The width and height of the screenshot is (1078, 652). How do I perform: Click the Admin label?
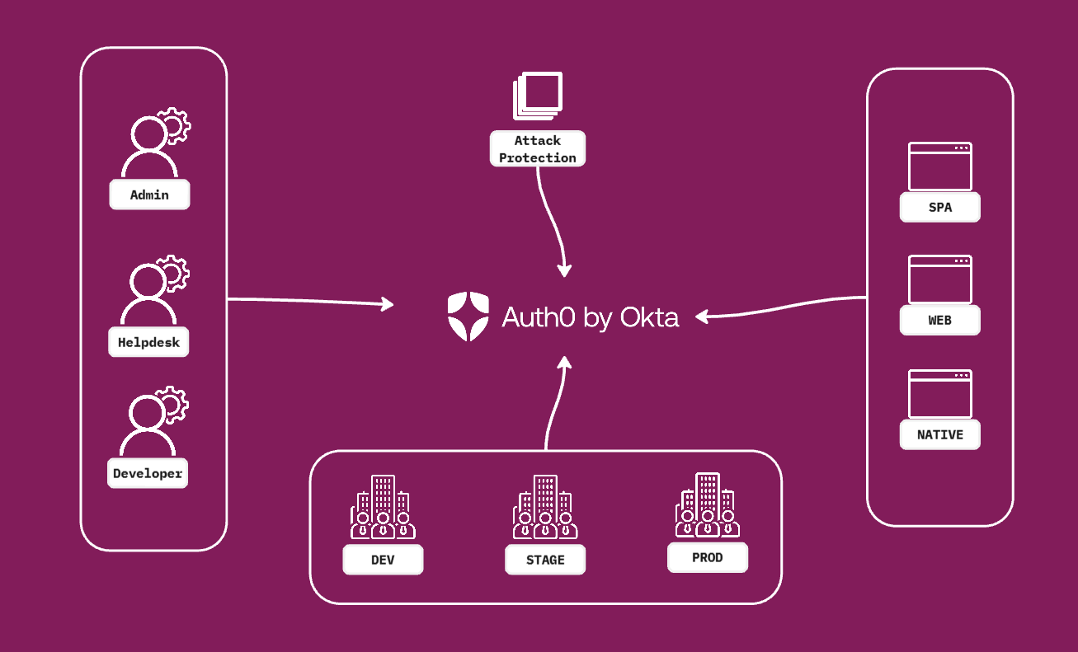[x=149, y=195]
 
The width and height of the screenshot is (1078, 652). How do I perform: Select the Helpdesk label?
[x=148, y=342]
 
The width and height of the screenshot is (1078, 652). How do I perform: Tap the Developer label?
[x=148, y=474]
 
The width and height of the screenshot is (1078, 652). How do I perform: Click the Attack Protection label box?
[x=538, y=149]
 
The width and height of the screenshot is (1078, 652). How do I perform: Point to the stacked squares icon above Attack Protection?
[x=538, y=94]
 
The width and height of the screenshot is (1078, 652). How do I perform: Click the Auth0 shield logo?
[x=468, y=317]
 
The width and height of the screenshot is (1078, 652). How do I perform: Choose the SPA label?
[x=939, y=208]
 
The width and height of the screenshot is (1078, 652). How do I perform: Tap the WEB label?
[x=939, y=320]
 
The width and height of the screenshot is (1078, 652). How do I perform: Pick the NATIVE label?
[x=939, y=434]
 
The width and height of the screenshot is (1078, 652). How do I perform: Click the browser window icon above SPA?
[x=939, y=167]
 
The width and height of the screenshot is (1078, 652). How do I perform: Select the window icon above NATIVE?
[x=939, y=393]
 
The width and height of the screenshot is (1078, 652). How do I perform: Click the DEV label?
[x=383, y=561]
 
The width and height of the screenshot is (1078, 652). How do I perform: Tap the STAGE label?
[x=545, y=561]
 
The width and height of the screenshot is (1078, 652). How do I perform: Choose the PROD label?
[x=707, y=558]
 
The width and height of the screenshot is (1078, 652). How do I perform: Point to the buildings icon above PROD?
[x=707, y=505]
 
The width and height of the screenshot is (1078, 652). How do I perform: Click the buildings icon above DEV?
[x=383, y=508]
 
